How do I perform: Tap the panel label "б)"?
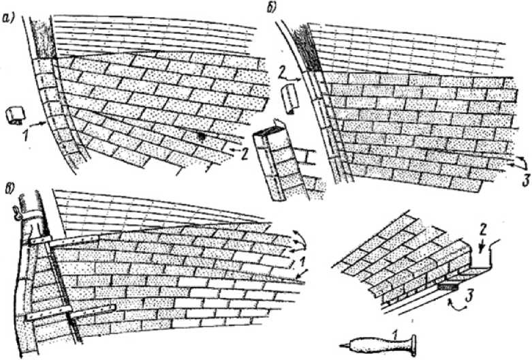[x=272, y=9]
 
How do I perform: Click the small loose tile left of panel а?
[x=14, y=115]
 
